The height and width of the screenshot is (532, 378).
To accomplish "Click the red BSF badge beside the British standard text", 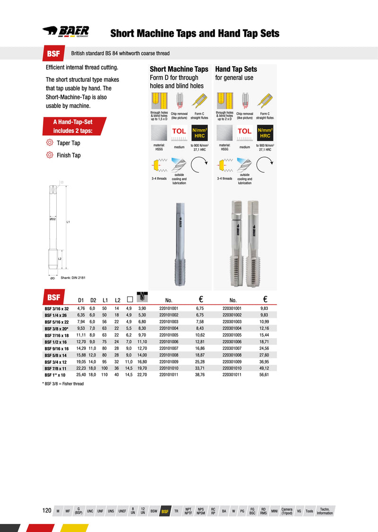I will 53,53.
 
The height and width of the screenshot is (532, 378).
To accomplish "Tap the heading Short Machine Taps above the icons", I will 179,69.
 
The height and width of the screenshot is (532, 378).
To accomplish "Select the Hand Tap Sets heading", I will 236,69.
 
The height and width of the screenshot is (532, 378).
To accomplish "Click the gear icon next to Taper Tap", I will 49,143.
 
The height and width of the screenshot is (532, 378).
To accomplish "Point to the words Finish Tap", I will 69,155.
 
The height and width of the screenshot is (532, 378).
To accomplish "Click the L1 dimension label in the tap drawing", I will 69,221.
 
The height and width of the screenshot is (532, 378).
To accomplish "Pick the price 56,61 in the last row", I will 264,374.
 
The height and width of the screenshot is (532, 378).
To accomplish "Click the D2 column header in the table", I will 93,300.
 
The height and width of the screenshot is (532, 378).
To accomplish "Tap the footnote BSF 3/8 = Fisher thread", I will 63,384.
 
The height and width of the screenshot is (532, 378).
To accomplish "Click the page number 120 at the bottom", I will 47,511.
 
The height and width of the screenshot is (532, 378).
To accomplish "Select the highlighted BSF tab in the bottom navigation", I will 165,511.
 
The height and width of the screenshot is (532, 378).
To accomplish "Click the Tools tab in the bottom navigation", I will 309,511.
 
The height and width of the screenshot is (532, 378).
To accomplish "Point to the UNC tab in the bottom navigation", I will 90,511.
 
